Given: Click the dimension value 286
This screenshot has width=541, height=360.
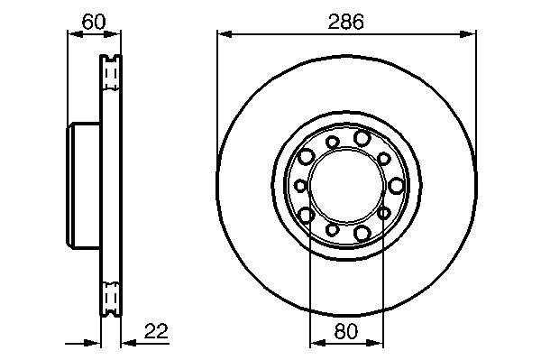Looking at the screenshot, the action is (345, 22).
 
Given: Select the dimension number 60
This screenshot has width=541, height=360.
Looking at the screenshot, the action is (94, 22).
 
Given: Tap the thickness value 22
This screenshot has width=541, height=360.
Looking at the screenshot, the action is (156, 331).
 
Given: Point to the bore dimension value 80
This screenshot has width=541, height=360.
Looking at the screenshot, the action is (346, 332).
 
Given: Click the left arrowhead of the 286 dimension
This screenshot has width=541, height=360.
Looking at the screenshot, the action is (225, 33).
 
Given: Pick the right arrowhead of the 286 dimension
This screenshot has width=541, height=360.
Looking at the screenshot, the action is (469, 33).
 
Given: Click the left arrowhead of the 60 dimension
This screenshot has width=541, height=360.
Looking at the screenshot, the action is (75, 33).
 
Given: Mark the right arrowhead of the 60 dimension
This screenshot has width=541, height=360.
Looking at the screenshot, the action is (114, 33).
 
